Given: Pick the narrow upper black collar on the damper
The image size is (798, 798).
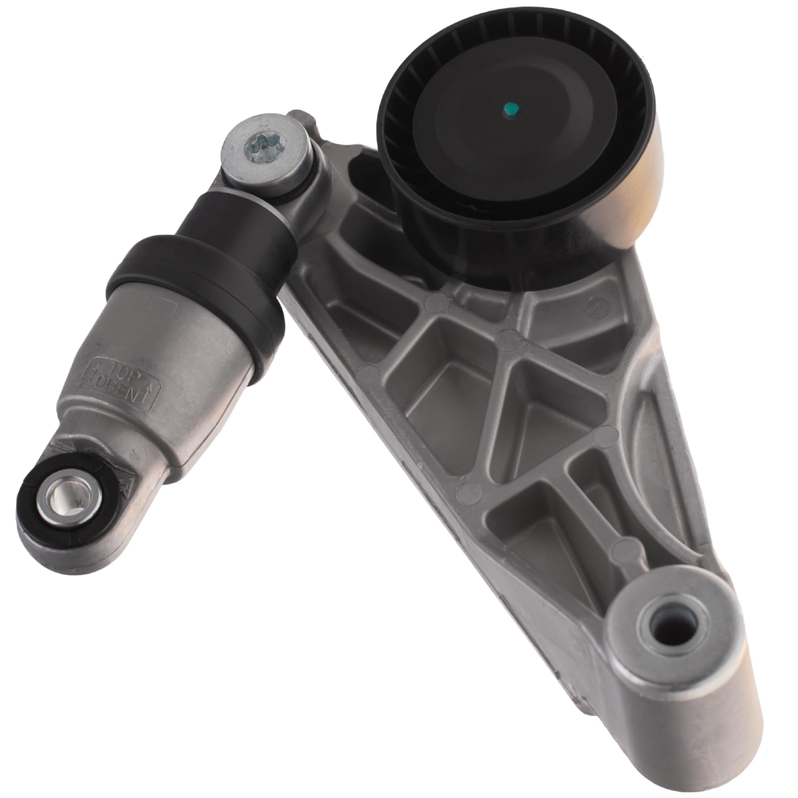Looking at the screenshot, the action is tap(234, 219).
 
